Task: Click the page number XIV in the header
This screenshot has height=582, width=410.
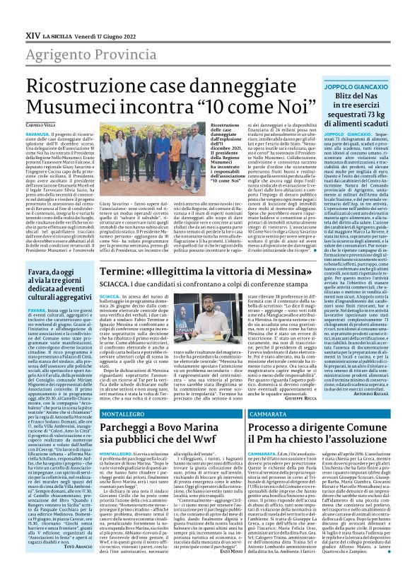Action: tap(13, 13)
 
